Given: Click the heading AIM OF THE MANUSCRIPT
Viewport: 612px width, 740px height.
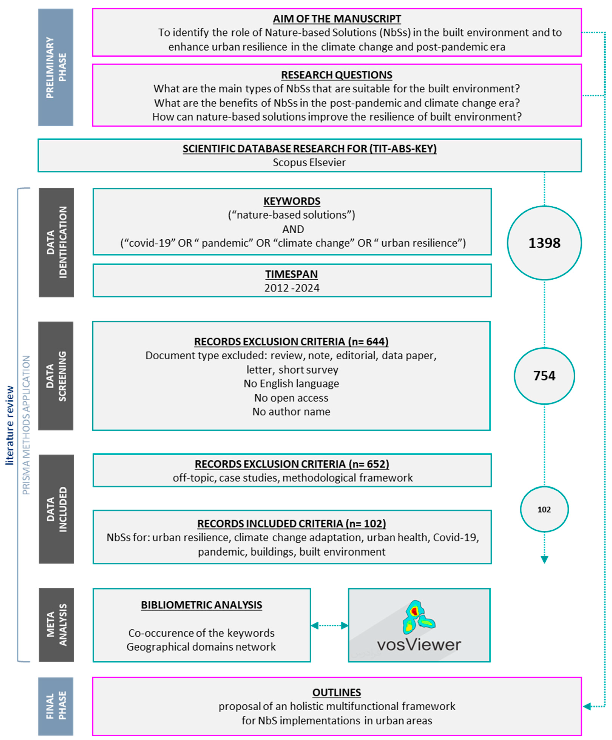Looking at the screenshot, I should (x=337, y=19).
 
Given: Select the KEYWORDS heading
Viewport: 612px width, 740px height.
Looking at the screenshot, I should (x=292, y=201).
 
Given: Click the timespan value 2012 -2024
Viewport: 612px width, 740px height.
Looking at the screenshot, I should (x=292, y=288).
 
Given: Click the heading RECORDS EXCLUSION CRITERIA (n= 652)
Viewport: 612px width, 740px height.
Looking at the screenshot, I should (x=292, y=464).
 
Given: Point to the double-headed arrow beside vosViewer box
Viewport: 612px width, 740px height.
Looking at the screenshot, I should (x=329, y=626).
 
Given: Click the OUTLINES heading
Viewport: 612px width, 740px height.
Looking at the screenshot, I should (x=337, y=692).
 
